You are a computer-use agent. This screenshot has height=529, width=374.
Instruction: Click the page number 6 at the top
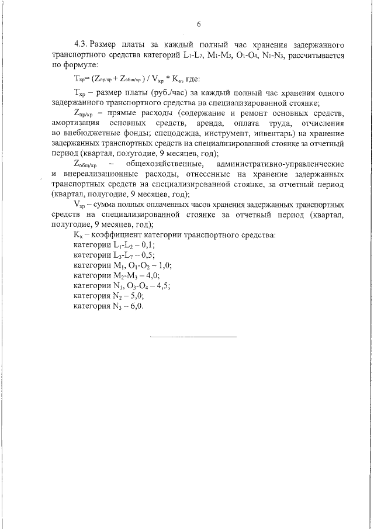click(199, 24)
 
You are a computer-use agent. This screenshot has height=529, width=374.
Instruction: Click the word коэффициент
click(114, 235)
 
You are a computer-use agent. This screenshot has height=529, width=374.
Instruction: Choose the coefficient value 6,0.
click(135, 306)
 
